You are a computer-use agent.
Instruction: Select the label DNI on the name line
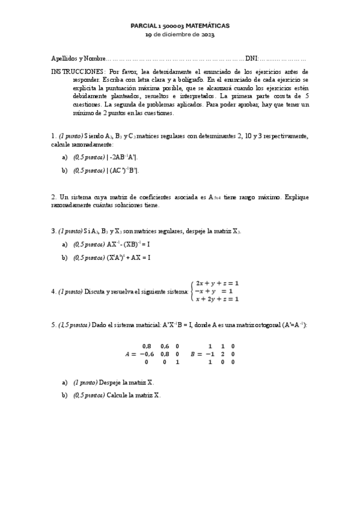pyautogui.click(x=251, y=59)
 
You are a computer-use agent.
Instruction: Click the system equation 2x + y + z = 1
pyautogui.click(x=218, y=283)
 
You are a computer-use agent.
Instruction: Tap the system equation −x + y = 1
pyautogui.click(x=214, y=291)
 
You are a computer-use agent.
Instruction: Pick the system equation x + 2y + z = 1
pyautogui.click(x=218, y=299)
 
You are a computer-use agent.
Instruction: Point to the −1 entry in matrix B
pyautogui.click(x=210, y=354)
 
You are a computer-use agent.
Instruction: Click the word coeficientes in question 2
pyautogui.click(x=139, y=197)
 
